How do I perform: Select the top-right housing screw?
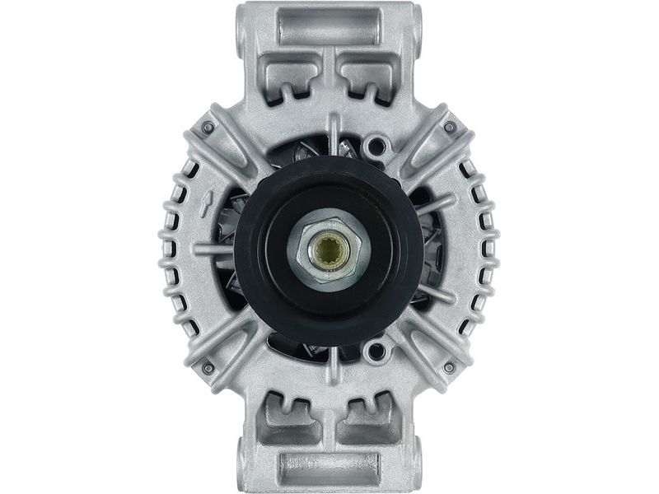click(x=450, y=128)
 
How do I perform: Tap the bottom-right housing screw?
click(x=450, y=366)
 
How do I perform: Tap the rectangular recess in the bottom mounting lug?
click(x=329, y=467)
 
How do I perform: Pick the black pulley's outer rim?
click(x=247, y=247)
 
